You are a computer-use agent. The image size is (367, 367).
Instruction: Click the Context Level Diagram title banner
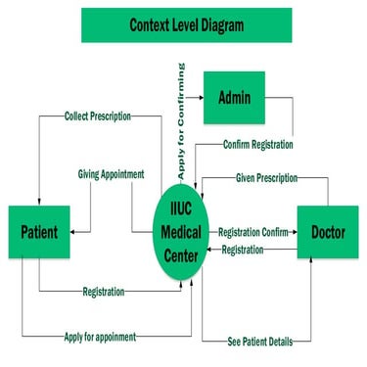tap(186, 25)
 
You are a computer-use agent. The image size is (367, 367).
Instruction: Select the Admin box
tap(233, 98)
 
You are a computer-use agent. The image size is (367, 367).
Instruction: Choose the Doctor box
tap(327, 233)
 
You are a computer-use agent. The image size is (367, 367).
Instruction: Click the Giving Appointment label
tap(111, 174)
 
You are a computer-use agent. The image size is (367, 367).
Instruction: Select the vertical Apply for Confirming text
tap(182, 119)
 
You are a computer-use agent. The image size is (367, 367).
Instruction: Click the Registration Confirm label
tap(252, 232)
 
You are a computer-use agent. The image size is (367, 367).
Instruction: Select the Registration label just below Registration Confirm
tap(242, 251)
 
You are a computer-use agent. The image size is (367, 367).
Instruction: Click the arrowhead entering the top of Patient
tap(39, 201)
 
